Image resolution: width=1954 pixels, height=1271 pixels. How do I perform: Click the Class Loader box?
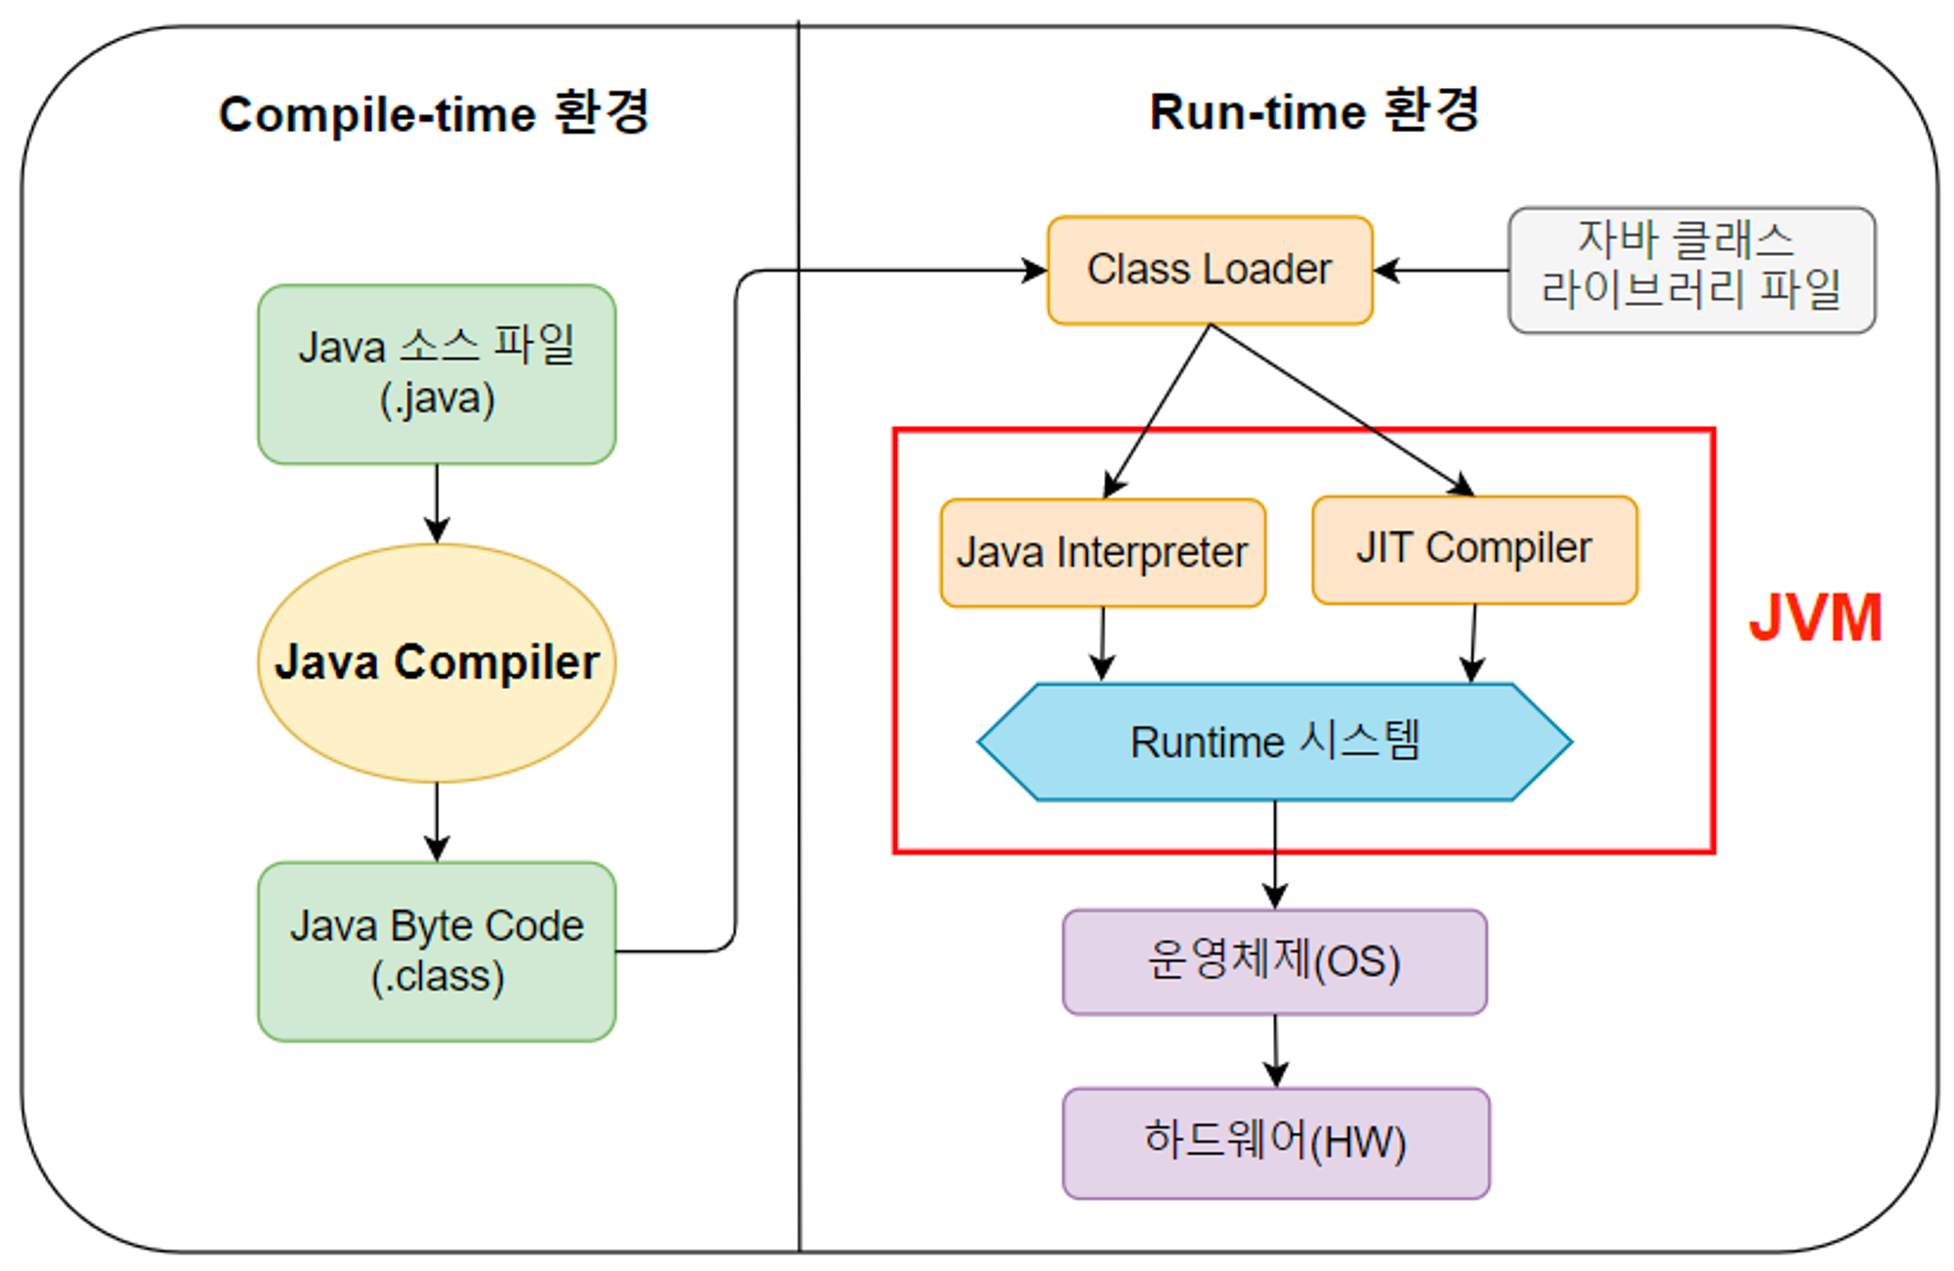tap(1210, 271)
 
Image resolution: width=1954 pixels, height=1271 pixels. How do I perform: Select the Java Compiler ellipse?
tap(437, 663)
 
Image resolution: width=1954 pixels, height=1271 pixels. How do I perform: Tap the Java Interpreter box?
tap(1102, 553)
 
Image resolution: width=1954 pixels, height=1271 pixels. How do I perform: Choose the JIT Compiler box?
tap(1474, 550)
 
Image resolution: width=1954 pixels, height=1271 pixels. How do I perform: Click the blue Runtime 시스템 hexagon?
tap(1274, 742)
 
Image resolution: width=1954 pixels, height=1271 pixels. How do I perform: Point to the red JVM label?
tap(1814, 618)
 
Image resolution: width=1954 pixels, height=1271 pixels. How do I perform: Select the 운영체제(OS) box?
tap(1274, 962)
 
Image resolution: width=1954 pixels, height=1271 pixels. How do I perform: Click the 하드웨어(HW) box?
tap(1275, 1143)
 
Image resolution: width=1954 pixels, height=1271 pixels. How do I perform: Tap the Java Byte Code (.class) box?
tap(437, 952)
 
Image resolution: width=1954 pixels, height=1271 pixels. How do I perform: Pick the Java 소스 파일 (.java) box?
tap(437, 374)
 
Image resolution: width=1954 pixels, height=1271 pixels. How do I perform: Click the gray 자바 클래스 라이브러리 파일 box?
tap(1691, 271)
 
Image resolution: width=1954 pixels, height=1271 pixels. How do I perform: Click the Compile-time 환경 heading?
tap(434, 114)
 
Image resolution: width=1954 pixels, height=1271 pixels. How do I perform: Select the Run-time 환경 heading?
tap(1314, 111)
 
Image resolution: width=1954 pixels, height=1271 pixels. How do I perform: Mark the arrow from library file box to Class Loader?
tap(1441, 271)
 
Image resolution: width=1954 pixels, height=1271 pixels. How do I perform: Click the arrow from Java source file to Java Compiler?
tap(437, 503)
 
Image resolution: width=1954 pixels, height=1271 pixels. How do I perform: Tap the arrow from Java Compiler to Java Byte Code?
tap(437, 822)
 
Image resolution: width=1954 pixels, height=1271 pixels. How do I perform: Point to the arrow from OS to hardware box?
tap(1275, 1051)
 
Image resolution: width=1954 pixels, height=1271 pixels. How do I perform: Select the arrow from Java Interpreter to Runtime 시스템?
tap(1103, 644)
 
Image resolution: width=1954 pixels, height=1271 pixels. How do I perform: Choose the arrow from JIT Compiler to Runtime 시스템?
tap(1473, 643)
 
